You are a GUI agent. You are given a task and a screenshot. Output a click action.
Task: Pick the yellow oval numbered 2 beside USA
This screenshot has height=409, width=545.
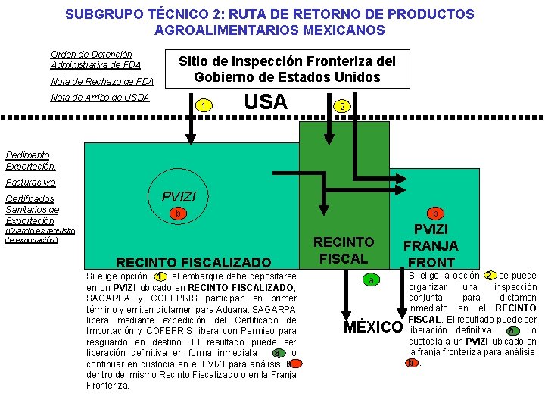point(342,106)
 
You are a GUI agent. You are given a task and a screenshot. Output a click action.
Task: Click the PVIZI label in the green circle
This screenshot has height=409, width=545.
point(179,197)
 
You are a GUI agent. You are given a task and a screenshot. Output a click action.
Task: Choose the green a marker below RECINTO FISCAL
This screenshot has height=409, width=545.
point(372,281)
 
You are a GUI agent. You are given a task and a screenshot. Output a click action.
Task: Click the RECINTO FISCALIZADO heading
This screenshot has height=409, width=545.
point(193,262)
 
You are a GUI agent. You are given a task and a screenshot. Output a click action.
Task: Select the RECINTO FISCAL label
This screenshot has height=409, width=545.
point(344,250)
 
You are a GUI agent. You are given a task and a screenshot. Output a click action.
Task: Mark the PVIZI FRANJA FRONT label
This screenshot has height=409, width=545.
point(430,245)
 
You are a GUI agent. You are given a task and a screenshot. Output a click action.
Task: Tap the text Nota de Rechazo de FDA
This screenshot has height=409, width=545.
point(101,81)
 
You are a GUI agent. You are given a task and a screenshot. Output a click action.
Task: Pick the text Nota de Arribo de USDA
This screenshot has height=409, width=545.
point(100,97)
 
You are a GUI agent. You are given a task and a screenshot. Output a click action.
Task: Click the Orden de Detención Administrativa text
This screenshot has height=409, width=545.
point(95,59)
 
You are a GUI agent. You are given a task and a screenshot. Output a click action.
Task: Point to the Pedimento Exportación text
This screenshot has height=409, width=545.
point(30,160)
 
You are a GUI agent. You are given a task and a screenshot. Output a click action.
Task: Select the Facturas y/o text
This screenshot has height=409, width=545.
point(30,183)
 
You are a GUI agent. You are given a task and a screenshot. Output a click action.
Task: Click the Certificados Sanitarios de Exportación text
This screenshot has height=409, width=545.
point(32,209)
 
